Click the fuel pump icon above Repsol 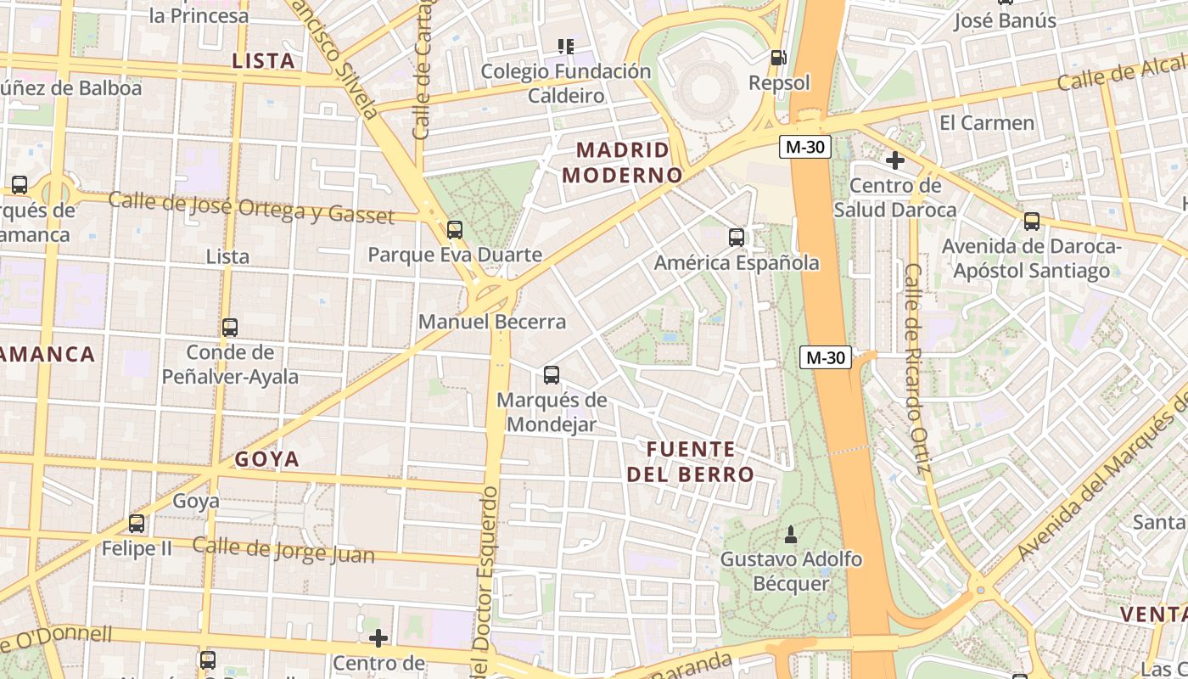tap(777, 58)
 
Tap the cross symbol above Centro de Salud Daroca tap(894, 160)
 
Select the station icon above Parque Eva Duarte tap(455, 229)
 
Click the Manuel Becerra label tap(491, 323)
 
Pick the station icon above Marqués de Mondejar tap(552, 374)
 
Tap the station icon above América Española tap(737, 238)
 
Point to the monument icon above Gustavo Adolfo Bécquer tap(791, 534)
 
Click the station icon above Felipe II tap(137, 524)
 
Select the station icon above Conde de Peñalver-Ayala tap(230, 328)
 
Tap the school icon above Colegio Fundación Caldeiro tap(566, 46)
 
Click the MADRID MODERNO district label tap(622, 163)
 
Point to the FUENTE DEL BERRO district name tap(691, 462)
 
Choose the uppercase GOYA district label tap(267, 459)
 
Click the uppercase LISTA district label tap(263, 61)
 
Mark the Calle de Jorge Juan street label tap(283, 550)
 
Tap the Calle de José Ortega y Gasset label tap(251, 207)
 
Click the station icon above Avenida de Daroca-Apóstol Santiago tap(1032, 222)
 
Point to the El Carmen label tap(987, 123)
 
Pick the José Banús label tap(1005, 20)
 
